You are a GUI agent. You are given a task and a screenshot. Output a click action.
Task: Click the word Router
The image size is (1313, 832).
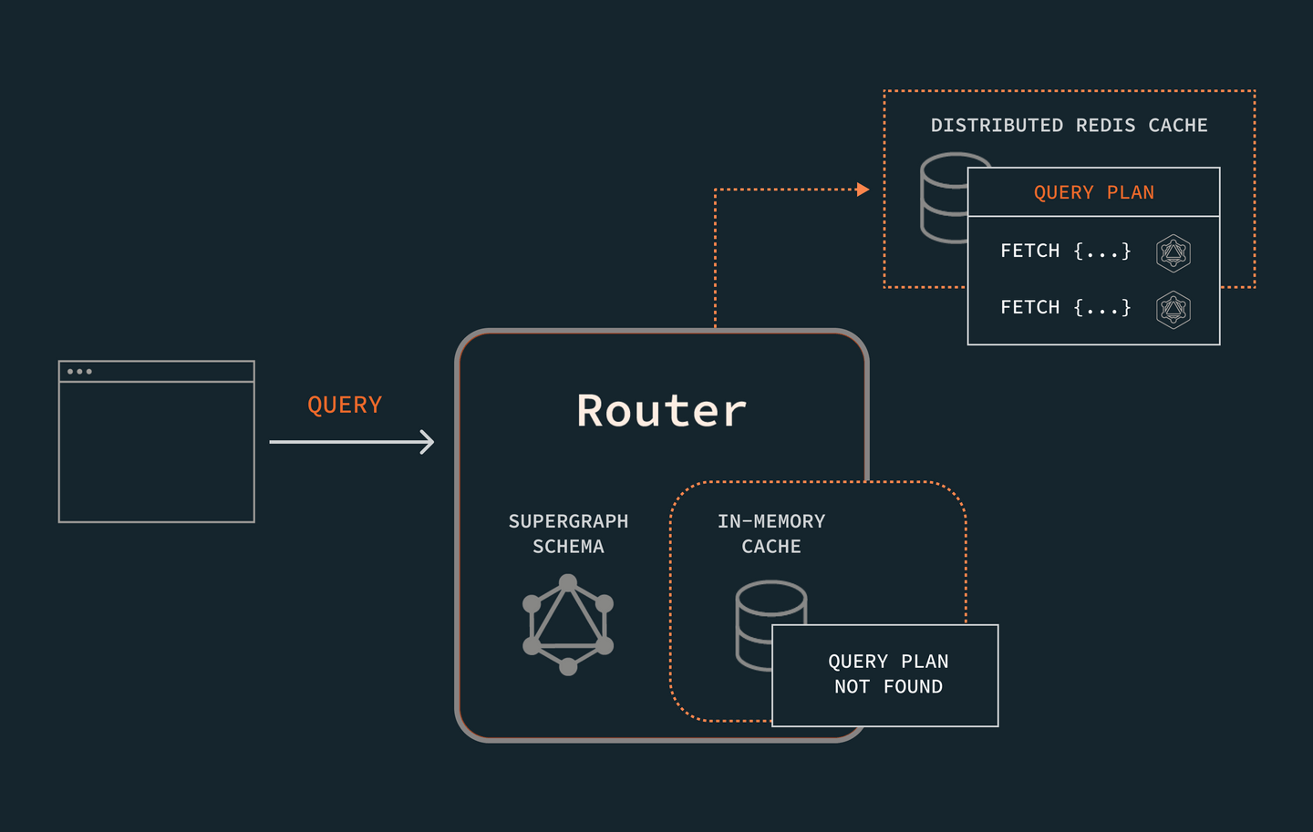point(661,411)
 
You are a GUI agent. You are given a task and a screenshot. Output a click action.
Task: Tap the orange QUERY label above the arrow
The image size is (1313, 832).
point(345,405)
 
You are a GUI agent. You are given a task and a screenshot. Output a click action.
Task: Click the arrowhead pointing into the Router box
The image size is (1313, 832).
point(427,442)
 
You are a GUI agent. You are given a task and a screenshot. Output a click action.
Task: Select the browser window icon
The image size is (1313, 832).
point(156,442)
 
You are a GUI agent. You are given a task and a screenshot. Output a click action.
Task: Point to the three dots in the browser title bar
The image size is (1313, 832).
point(79,372)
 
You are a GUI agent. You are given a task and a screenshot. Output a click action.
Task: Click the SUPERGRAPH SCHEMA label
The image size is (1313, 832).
point(568,534)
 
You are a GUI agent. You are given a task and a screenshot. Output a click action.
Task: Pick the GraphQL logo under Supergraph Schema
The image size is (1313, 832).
point(568,624)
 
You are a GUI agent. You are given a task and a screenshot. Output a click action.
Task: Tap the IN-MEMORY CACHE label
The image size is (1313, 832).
point(771,534)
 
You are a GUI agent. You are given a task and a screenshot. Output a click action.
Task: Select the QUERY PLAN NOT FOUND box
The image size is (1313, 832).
point(885,675)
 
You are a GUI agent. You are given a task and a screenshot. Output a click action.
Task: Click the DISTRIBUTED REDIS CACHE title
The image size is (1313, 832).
point(1069,126)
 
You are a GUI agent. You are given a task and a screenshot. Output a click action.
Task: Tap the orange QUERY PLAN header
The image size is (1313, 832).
point(1093,192)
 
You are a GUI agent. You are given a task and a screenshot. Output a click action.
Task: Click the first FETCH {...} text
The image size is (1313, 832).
point(1065,251)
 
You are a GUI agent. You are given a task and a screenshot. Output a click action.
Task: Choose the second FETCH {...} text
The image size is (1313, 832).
point(1065,307)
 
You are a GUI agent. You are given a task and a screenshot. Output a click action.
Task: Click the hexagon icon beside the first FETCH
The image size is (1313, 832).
point(1173,252)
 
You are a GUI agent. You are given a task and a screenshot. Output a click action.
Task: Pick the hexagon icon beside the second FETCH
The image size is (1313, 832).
point(1173,310)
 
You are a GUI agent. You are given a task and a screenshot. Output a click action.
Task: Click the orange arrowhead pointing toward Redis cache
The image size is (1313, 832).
point(863,190)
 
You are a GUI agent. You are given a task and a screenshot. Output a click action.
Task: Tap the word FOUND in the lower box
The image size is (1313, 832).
point(913,687)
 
